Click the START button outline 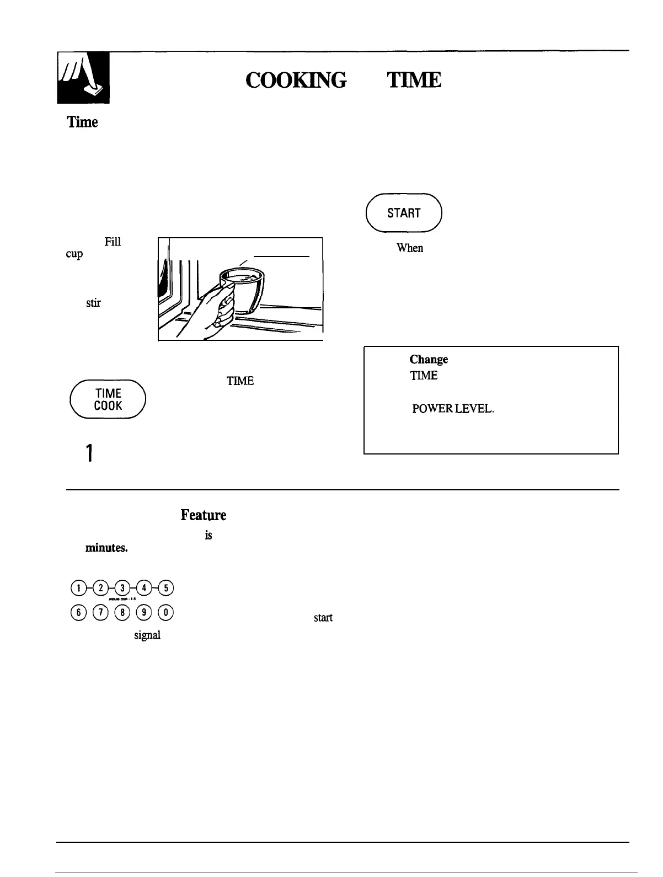pos(404,213)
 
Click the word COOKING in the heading pos(296,81)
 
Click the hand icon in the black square pos(83,78)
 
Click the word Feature pos(203,515)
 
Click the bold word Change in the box pos(429,360)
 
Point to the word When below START pos(410,248)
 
